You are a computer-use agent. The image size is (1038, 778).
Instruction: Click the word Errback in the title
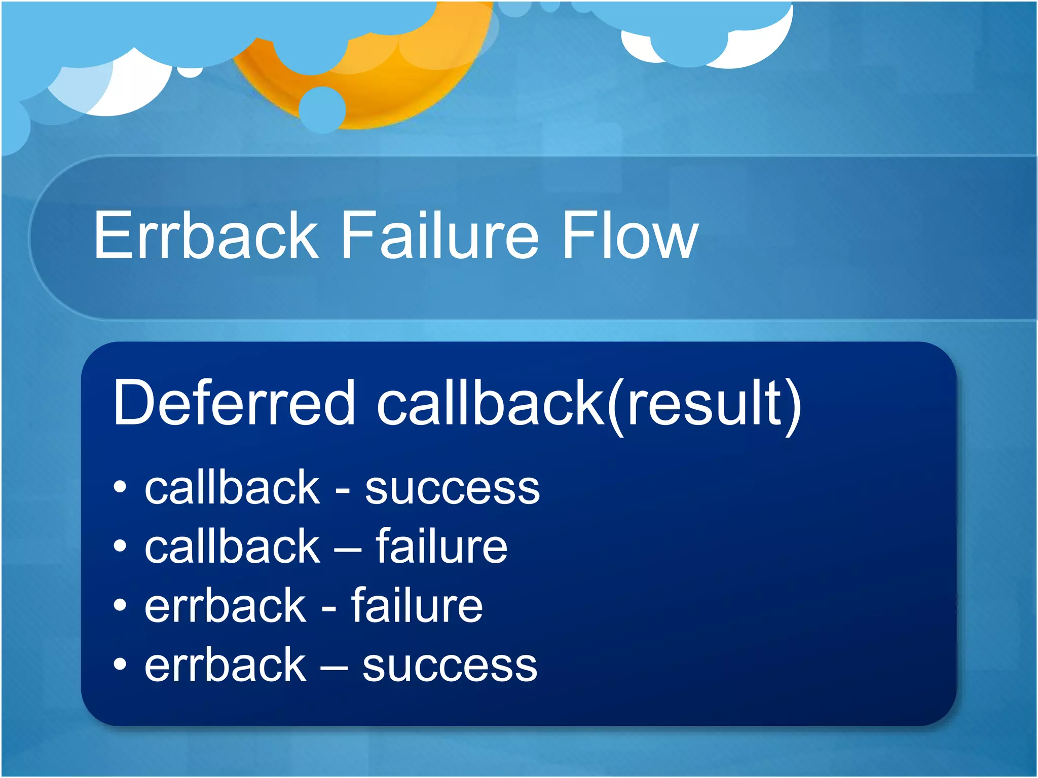tap(206, 236)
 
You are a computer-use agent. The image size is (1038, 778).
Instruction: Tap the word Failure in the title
tap(439, 236)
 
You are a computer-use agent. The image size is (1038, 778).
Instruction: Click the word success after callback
tap(452, 489)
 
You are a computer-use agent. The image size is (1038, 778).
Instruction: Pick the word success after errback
tap(450, 666)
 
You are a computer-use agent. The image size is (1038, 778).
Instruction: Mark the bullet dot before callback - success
tap(120, 487)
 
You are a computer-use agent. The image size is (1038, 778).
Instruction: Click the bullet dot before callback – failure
tap(120, 546)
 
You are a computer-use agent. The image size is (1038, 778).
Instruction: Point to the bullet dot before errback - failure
tap(120, 605)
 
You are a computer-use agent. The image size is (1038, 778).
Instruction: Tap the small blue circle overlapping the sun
tap(322, 109)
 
